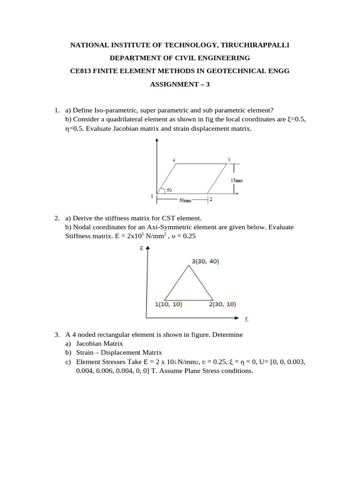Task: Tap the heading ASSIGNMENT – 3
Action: [180, 84]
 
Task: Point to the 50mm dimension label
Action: [185, 200]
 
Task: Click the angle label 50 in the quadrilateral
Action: [169, 189]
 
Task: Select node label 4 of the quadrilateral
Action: [174, 160]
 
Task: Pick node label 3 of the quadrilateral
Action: [229, 160]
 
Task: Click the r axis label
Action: [247, 319]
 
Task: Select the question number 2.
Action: [56, 218]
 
